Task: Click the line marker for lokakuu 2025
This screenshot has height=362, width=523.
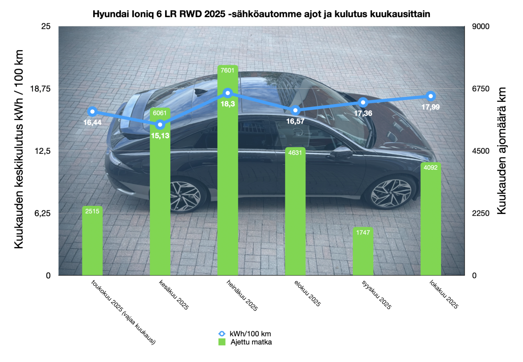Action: [x=431, y=95]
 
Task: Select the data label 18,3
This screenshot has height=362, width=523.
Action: [x=228, y=104]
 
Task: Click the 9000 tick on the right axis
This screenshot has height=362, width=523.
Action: [x=481, y=26]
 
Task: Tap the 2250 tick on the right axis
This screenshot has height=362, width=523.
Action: [x=481, y=213]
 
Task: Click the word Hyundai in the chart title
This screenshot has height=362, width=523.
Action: [x=108, y=14]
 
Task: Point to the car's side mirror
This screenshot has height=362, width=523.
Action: [x=342, y=152]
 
